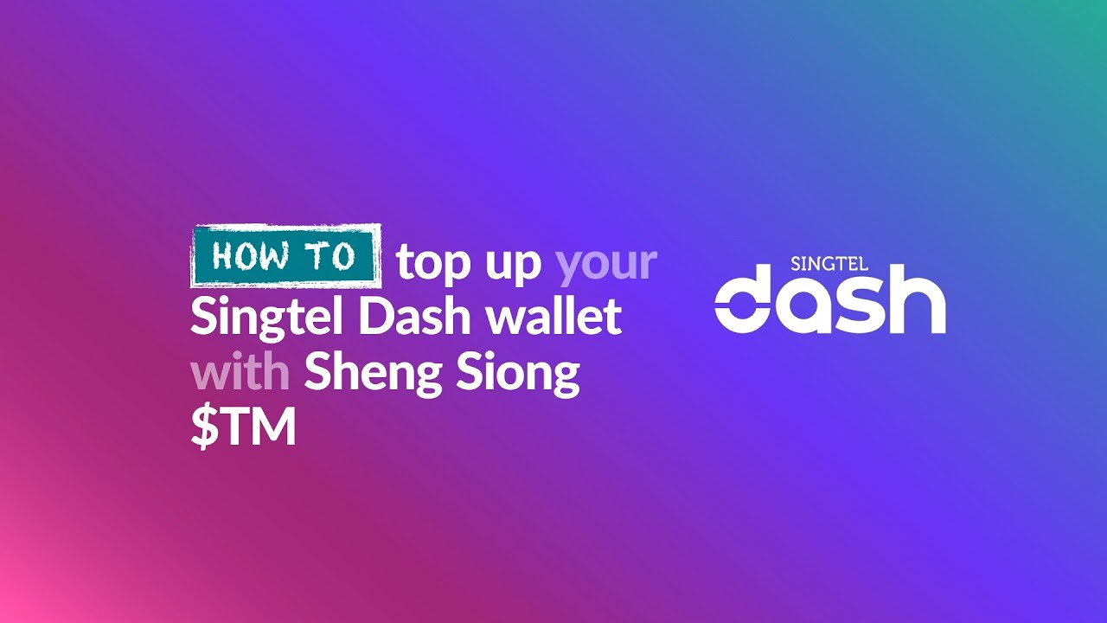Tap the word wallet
[x=553, y=317]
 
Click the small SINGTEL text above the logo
[x=829, y=264]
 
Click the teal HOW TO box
[x=285, y=256]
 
